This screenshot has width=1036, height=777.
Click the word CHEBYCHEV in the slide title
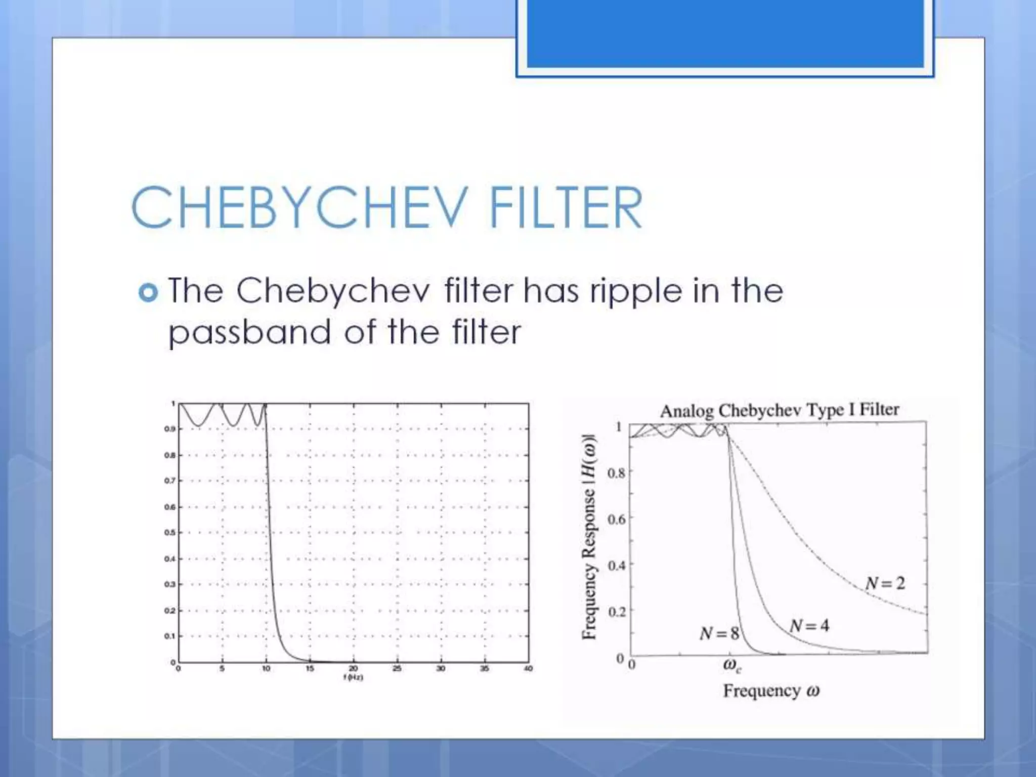point(298,207)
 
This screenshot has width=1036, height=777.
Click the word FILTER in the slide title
point(566,207)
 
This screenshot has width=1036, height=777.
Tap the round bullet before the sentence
point(148,292)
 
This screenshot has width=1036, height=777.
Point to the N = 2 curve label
point(885,583)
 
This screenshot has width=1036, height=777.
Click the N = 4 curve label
point(809,626)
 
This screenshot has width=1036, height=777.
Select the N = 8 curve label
point(719,633)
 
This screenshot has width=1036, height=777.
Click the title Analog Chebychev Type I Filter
point(780,410)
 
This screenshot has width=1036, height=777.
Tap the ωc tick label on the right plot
point(731,666)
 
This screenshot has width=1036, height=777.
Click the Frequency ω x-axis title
point(771,690)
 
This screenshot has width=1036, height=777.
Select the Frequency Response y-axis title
point(589,537)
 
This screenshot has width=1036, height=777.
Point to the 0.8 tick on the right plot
point(616,473)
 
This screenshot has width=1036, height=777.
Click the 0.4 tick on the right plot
point(616,565)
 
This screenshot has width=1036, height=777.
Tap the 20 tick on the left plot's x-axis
point(353,669)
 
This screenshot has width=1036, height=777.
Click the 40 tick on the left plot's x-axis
point(528,669)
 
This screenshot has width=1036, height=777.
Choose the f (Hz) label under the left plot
point(353,677)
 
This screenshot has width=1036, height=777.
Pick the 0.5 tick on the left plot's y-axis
point(169,533)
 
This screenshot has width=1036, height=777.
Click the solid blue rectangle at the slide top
point(725,33)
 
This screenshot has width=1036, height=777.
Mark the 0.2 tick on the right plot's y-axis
point(616,612)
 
